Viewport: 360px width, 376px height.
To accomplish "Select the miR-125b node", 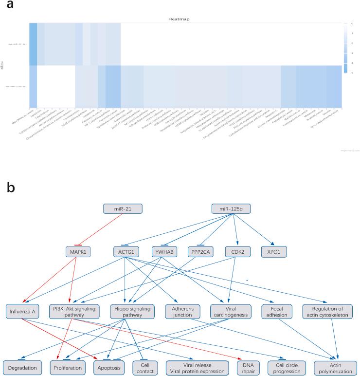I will [x=231, y=209].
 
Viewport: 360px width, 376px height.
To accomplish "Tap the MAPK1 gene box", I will [x=78, y=252].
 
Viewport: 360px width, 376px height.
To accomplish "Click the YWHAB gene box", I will [x=160, y=252].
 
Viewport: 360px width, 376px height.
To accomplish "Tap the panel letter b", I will [x=10, y=187].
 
